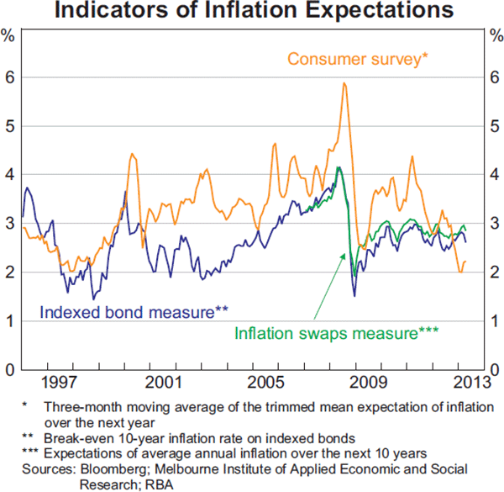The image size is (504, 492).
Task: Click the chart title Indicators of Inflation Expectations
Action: [x=252, y=12]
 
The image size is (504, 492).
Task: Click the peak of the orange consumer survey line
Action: [x=344, y=83]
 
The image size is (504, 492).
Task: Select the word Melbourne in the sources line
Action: [x=197, y=468]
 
